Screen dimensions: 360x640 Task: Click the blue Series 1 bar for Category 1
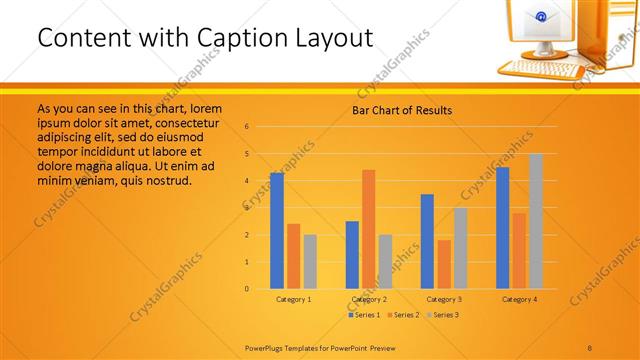coord(277,231)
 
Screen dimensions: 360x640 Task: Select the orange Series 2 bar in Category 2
coord(368,229)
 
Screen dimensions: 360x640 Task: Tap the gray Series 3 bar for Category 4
coord(536,221)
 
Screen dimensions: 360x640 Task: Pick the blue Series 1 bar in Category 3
coord(427,241)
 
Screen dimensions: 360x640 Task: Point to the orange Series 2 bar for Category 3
coord(443,264)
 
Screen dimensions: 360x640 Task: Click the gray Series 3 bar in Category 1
coord(310,261)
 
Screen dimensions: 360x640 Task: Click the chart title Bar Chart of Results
coord(401,110)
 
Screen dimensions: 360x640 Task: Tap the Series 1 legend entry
coord(364,315)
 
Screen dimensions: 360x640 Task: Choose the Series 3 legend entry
coord(444,315)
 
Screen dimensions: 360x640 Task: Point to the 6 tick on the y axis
coord(246,127)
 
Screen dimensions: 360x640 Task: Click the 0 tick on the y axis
coord(246,289)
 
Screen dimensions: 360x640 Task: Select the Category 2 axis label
coord(368,299)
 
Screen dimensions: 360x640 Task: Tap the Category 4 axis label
coord(518,299)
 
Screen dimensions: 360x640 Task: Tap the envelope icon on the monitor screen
coord(542,17)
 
